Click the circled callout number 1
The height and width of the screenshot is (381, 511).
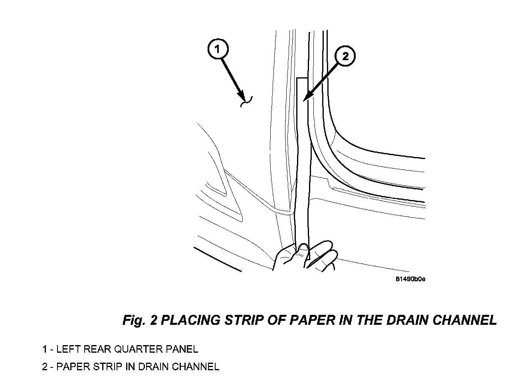217,49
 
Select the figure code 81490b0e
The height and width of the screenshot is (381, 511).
410,279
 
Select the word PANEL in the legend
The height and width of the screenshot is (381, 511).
181,350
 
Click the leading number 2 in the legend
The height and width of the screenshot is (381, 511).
45,367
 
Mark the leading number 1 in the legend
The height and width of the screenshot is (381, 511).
45,350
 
